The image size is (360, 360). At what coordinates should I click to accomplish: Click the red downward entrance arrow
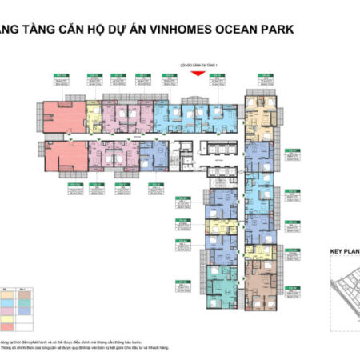click(x=196, y=75)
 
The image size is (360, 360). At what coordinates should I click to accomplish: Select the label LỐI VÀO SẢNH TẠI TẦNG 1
click(x=196, y=67)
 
